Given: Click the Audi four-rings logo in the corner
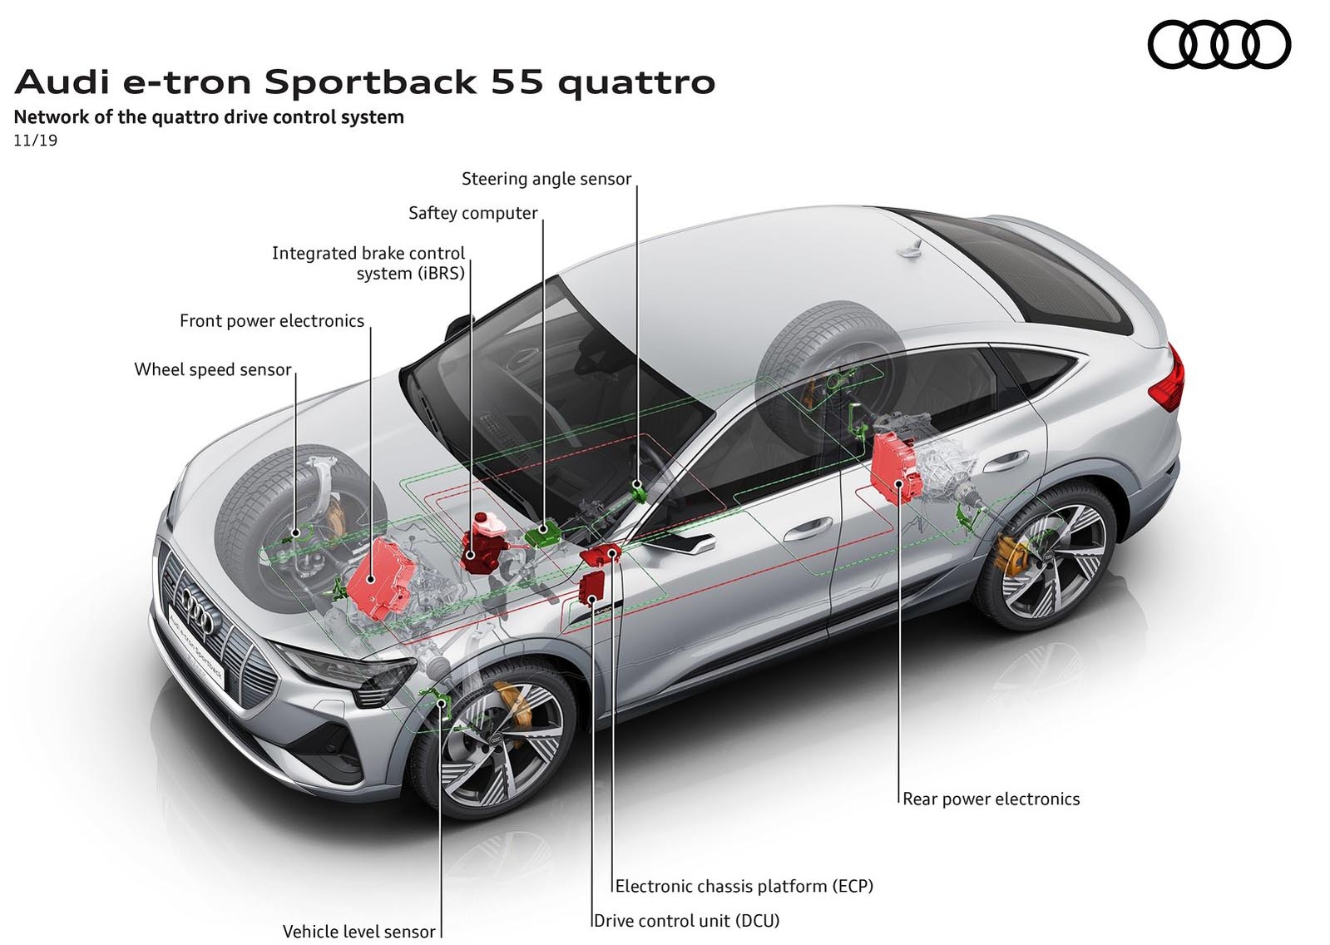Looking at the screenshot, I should (1219, 45).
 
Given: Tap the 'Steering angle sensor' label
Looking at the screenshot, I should (546, 179).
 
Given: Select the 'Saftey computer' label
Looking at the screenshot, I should (472, 213).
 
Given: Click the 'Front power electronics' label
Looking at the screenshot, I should (272, 321).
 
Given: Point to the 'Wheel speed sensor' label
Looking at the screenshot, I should (213, 369).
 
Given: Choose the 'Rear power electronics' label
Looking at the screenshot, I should (991, 799).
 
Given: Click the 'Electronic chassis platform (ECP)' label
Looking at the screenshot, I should (744, 887).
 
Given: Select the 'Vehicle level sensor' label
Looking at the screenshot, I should (358, 932).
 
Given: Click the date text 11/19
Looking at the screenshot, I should (36, 141).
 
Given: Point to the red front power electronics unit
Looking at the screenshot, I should (381, 578).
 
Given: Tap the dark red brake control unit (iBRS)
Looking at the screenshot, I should (483, 544).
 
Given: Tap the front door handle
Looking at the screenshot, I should (804, 527).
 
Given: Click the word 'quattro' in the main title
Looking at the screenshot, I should (636, 82).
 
